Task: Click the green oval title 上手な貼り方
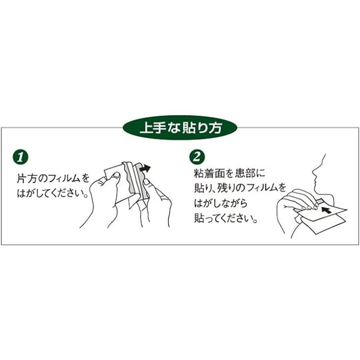pyautogui.click(x=180, y=128)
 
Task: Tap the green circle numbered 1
pyautogui.click(x=20, y=157)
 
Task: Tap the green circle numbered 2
pyautogui.click(x=197, y=157)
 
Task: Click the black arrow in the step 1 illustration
pyautogui.click(x=145, y=169)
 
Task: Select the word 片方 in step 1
pyautogui.click(x=27, y=178)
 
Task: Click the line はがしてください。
pyautogui.click(x=52, y=193)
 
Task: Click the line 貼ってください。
pyautogui.click(x=226, y=218)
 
